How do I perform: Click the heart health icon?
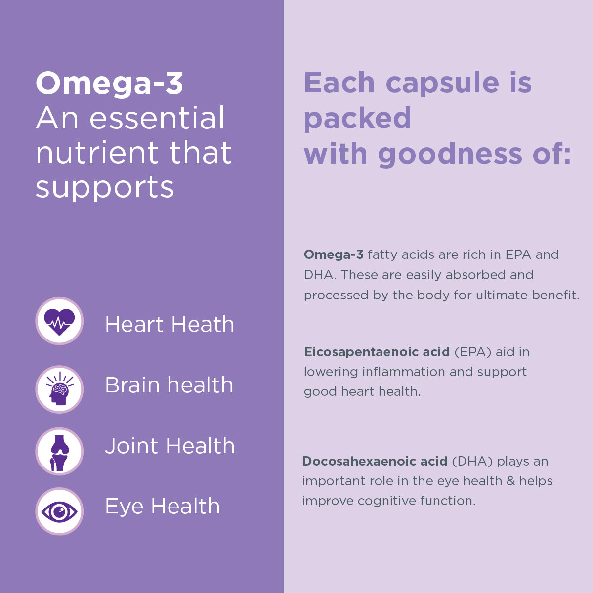pyautogui.click(x=59, y=321)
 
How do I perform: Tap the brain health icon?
pyautogui.click(x=59, y=389)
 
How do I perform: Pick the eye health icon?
pyautogui.click(x=59, y=511)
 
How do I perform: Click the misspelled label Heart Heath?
pyautogui.click(x=169, y=325)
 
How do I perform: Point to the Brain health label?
pyautogui.click(x=169, y=385)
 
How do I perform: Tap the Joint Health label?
pyautogui.click(x=169, y=446)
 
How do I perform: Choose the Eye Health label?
pyautogui.click(x=162, y=507)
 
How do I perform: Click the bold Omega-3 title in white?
pyautogui.click(x=109, y=83)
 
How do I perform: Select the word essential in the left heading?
pyautogui.click(x=157, y=119)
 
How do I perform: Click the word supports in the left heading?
pyautogui.click(x=105, y=188)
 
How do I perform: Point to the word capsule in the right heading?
pyautogui.click(x=442, y=83)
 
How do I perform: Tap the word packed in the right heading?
pyautogui.click(x=357, y=119)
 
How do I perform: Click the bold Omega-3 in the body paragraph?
pyautogui.click(x=334, y=255)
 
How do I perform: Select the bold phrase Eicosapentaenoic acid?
pyautogui.click(x=377, y=352)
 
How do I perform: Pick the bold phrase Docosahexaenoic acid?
pyautogui.click(x=375, y=462)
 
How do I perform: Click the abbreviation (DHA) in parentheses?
pyautogui.click(x=472, y=462)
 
